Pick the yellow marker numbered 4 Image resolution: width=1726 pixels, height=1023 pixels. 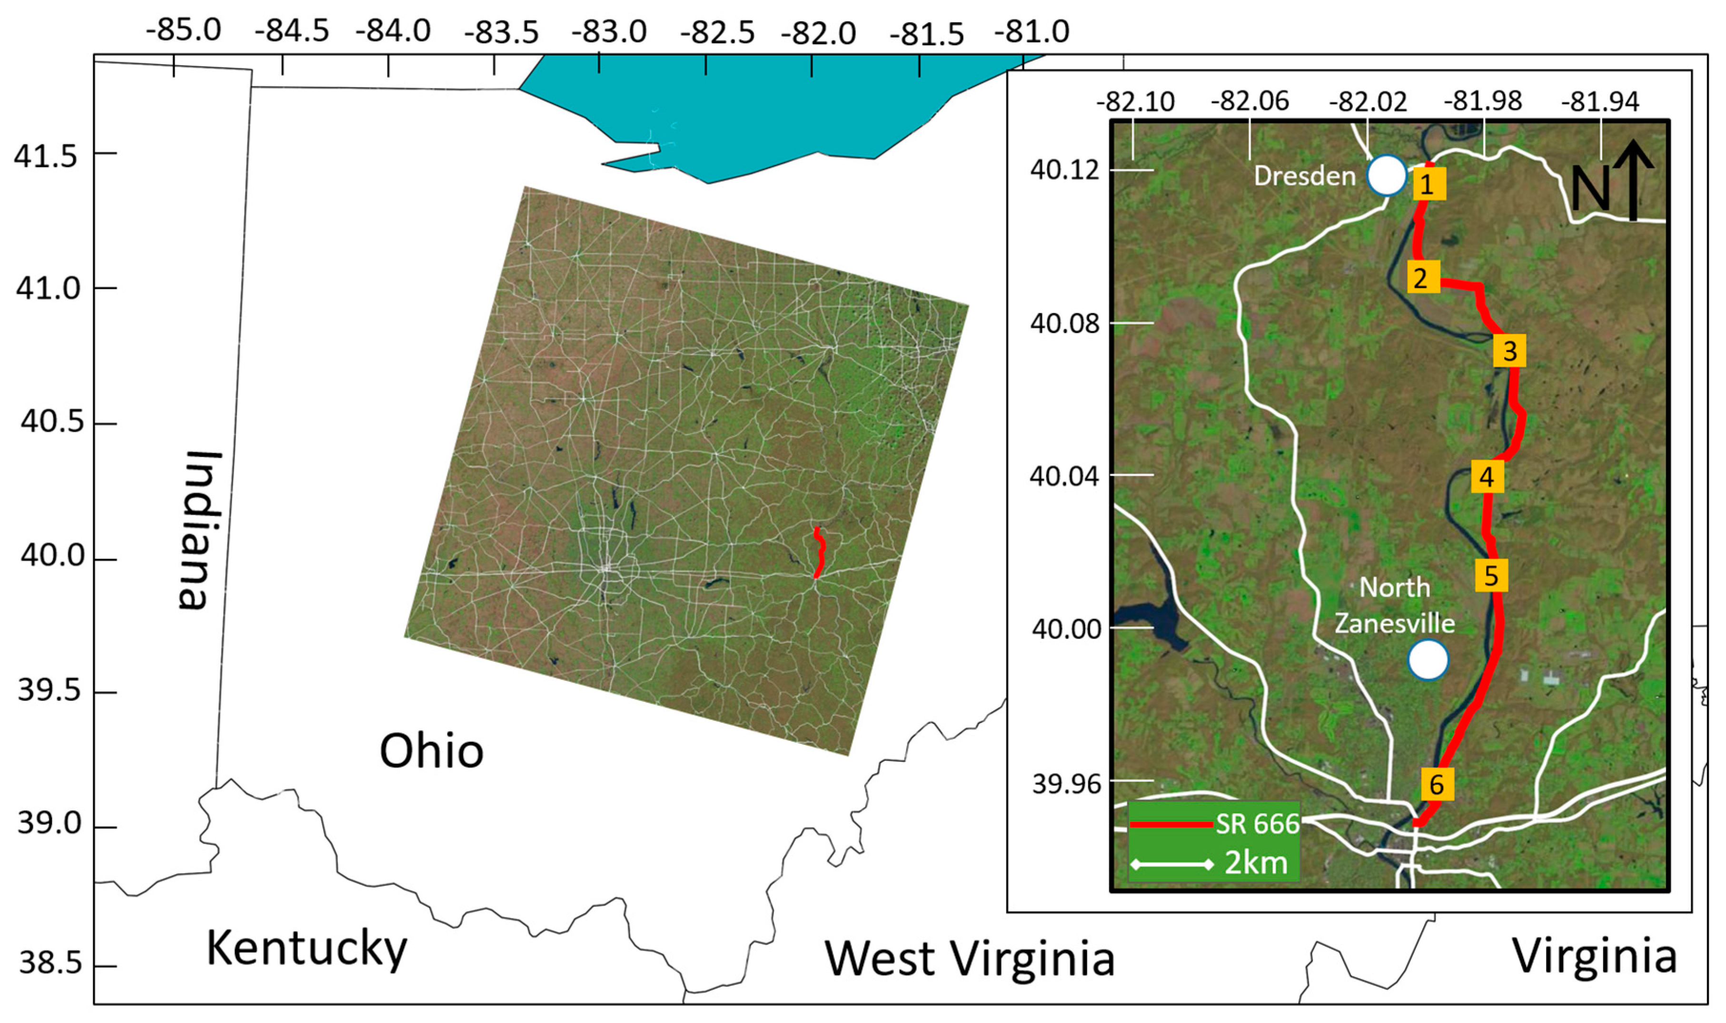coord(1487,476)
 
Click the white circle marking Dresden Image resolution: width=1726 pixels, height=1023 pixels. coord(1387,175)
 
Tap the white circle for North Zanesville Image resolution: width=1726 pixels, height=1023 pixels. coord(1428,659)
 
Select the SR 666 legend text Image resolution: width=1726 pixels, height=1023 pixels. coord(1257,824)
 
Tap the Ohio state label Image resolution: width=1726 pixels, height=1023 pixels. coord(432,751)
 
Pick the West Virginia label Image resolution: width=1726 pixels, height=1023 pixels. coord(969,958)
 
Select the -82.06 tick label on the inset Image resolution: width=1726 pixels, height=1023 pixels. coord(1250,101)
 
